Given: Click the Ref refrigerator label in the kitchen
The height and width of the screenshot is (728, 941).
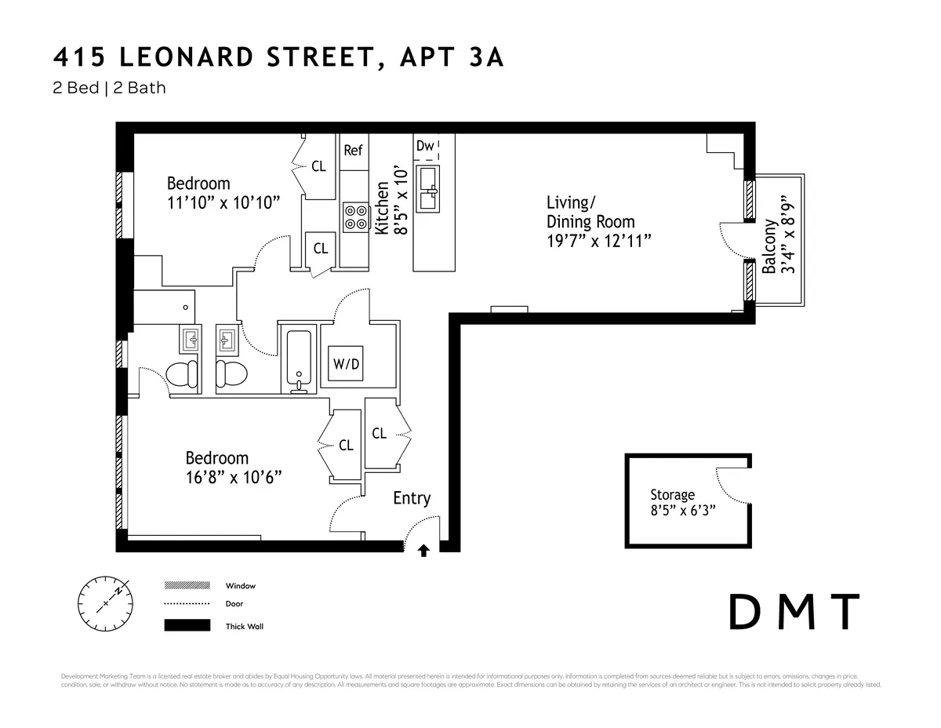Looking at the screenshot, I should pos(353,150).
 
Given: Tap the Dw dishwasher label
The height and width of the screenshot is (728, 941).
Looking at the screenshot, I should pos(425,146).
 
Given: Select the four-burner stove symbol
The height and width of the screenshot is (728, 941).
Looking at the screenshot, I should pos(355,217).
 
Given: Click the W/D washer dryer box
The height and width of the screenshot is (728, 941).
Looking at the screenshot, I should pos(346,363).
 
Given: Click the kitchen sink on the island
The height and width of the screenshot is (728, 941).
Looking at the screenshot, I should pos(427,188).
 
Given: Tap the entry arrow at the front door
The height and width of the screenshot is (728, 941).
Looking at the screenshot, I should pos(423,551).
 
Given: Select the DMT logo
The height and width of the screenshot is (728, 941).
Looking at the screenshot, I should pos(794,612).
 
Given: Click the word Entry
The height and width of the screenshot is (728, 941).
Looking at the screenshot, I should pos(412,498).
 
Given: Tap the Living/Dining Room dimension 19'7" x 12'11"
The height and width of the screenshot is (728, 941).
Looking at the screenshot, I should pos(599,241).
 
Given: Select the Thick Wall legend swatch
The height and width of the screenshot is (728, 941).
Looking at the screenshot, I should pos(187,625).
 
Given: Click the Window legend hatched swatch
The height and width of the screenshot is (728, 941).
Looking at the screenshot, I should pos(187,585).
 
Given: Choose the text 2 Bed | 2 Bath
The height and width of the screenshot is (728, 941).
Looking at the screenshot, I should pos(109,87).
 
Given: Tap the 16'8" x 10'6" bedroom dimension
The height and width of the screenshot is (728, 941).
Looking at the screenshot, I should pos(233,477).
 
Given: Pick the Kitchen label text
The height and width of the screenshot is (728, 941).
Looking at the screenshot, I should pos(382,209).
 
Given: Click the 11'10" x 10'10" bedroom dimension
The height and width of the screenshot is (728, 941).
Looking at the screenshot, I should pos(223,202).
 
